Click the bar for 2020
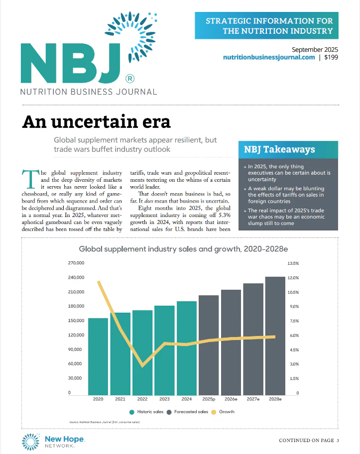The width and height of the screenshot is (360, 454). click(98, 356)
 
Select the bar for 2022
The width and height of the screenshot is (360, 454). click(142, 352)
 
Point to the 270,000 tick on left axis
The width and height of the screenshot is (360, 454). click(77, 263)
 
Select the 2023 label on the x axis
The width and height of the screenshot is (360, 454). click(164, 399)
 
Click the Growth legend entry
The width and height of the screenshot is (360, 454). click(223, 412)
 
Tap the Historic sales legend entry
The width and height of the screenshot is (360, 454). click(147, 412)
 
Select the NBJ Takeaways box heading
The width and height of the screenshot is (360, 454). click(279, 149)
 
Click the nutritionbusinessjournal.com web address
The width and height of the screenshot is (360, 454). click(269, 57)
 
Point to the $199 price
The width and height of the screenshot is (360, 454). click(331, 57)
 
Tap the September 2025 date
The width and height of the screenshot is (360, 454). click(315, 49)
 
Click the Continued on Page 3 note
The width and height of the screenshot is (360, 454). click(309, 440)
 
